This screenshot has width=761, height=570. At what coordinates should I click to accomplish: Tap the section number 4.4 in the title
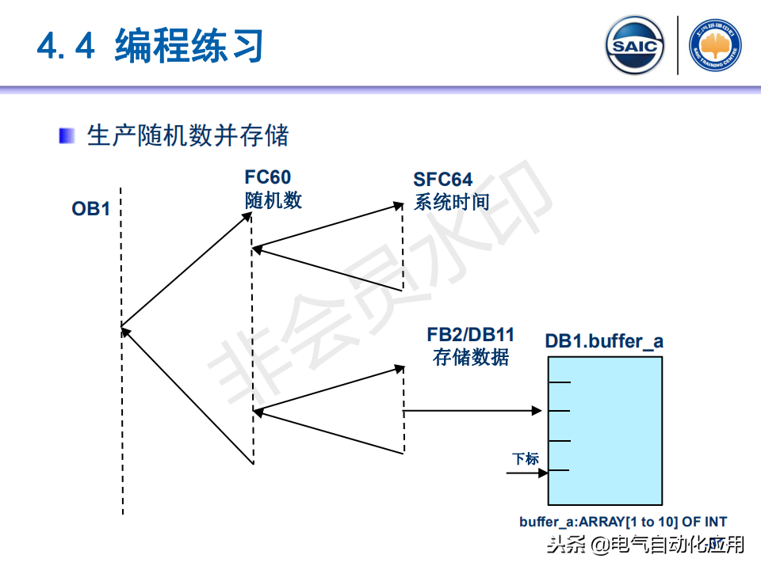coord(67,46)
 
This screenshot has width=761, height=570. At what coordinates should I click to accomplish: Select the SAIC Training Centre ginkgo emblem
coord(716,46)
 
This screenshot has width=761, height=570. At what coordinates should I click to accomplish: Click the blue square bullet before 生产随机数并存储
coord(67,135)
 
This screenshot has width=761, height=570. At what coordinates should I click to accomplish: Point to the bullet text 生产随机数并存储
coord(188,135)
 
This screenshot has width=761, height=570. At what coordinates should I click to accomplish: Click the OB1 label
coord(90,210)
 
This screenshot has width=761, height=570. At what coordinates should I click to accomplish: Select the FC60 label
coord(267,178)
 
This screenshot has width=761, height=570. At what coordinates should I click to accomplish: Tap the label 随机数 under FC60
coord(273,199)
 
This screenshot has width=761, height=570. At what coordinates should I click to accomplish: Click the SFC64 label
coord(442,180)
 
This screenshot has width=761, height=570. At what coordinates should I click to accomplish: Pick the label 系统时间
coord(451,202)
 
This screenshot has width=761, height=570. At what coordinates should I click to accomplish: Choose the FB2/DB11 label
coord(470,334)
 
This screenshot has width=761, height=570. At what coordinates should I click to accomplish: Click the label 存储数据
coord(470,356)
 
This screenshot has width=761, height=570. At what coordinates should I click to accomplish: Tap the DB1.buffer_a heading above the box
coord(604,342)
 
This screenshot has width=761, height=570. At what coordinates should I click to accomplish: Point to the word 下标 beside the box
coord(525,458)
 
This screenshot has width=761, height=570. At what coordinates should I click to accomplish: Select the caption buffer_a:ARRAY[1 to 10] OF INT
coord(623,522)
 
